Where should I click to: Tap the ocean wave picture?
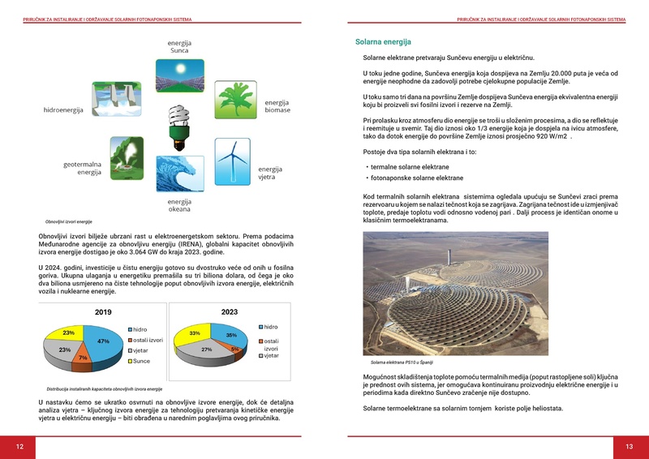pyautogui.click(x=178, y=173)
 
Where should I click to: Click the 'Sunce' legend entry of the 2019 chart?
pyautogui.click(x=141, y=361)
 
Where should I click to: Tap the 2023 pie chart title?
pyautogui.click(x=229, y=311)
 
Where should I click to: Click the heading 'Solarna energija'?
pyautogui.click(x=383, y=42)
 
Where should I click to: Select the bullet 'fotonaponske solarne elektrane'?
pyautogui.click(x=416, y=178)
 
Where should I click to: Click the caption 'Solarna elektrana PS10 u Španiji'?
pyautogui.click(x=403, y=362)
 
